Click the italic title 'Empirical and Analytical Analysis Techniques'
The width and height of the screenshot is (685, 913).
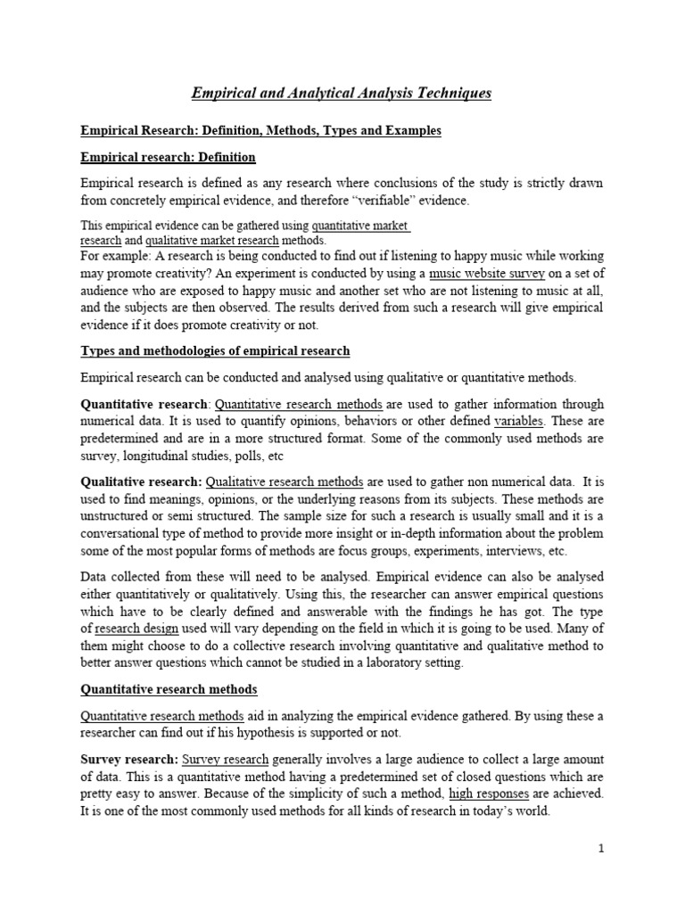(x=342, y=93)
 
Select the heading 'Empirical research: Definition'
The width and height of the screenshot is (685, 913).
(x=168, y=157)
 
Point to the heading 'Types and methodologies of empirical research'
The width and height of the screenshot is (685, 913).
(x=215, y=350)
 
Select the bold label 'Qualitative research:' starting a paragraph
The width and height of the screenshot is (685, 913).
(x=141, y=481)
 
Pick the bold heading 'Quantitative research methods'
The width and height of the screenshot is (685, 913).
(x=169, y=688)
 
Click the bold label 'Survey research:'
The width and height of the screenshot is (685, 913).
(x=129, y=759)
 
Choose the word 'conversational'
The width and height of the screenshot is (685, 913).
(x=124, y=533)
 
